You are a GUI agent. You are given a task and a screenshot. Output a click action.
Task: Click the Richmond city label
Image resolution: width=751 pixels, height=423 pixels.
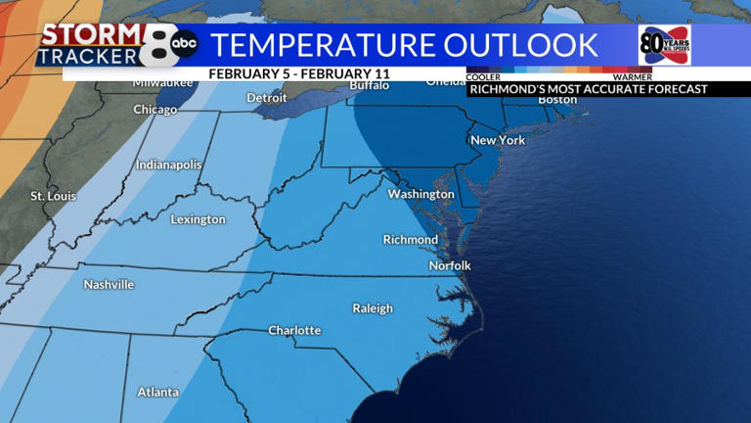pyautogui.click(x=410, y=240)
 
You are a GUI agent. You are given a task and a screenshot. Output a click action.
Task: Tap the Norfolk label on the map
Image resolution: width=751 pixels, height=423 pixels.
pyautogui.click(x=450, y=265)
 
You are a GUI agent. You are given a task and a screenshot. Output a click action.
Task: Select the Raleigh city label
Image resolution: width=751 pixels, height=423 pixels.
pyautogui.click(x=373, y=308)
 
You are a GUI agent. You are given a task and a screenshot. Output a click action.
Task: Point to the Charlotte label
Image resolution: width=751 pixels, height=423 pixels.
pyautogui.click(x=294, y=330)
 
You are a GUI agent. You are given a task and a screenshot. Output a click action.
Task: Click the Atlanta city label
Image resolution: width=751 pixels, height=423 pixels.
pyautogui.click(x=157, y=392)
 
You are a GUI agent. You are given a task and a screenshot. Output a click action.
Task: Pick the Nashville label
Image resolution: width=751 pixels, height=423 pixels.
pyautogui.click(x=109, y=285)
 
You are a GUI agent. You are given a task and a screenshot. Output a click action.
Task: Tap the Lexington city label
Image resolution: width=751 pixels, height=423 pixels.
pyautogui.click(x=198, y=219)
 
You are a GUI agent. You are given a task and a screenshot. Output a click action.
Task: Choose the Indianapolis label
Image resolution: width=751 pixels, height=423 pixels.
pyautogui.click(x=168, y=164)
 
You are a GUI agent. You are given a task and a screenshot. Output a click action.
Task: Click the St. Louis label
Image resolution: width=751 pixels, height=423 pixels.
pyautogui.click(x=53, y=196)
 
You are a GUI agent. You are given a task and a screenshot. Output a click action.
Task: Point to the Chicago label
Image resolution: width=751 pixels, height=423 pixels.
pyautogui.click(x=155, y=110)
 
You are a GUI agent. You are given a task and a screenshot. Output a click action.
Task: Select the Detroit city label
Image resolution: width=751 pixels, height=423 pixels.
pyautogui.click(x=267, y=98)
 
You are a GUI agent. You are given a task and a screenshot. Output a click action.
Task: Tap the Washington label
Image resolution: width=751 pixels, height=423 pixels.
pyautogui.click(x=420, y=194)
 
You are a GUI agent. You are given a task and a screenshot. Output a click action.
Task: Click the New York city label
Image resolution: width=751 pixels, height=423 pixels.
pyautogui.click(x=498, y=140)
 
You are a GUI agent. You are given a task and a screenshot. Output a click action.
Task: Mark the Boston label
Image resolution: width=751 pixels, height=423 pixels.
pyautogui.click(x=557, y=100)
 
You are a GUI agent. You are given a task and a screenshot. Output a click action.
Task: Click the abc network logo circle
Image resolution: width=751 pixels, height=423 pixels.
pyautogui.click(x=184, y=43)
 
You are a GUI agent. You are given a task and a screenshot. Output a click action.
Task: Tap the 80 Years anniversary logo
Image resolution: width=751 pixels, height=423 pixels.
pyautogui.click(x=664, y=45)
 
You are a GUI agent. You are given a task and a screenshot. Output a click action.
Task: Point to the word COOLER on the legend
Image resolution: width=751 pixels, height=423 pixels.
pyautogui.click(x=484, y=76)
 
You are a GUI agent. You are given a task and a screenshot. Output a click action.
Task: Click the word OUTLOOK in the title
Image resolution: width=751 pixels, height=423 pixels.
pyautogui.click(x=520, y=45)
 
